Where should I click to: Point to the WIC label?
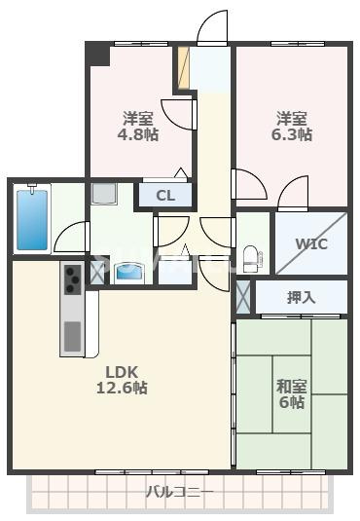click(x=311, y=242)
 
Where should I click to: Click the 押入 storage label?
click(x=302, y=297)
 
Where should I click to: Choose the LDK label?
click(x=124, y=370)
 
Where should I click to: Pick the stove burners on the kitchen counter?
click(x=73, y=280)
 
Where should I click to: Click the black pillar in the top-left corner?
click(x=98, y=55)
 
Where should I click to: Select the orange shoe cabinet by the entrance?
click(x=182, y=66)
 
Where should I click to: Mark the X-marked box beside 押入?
click(x=242, y=295)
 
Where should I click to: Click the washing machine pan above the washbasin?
click(x=103, y=196)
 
